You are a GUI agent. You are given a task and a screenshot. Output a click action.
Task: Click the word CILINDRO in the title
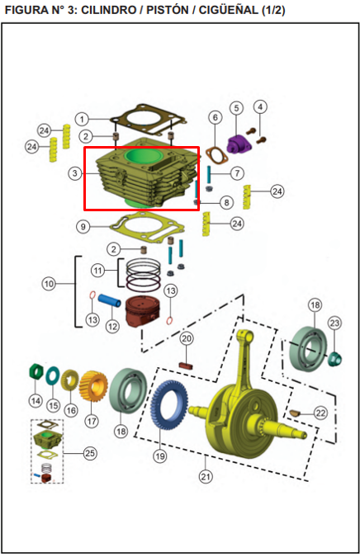[x=108, y=10]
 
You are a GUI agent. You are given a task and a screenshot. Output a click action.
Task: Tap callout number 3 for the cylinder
[x=75, y=173]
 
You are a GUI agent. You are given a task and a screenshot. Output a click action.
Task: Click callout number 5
[x=236, y=108]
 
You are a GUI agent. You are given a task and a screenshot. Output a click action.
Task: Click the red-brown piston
[x=142, y=311]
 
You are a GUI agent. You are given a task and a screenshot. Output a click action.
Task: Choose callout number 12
[x=112, y=326]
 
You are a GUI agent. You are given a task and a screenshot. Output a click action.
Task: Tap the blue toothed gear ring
[x=168, y=405]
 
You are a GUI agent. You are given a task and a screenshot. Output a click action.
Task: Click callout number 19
[x=160, y=456]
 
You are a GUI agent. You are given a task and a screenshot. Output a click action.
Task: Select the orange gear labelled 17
[x=93, y=386]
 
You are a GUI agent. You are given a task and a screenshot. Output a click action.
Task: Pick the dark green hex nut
[x=36, y=372]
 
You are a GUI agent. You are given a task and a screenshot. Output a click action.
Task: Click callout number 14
[x=36, y=401]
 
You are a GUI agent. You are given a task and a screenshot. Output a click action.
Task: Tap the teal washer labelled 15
[x=53, y=375]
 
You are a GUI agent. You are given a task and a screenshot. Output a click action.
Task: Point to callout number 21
[x=206, y=476]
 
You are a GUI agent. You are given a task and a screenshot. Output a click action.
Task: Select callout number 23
[x=335, y=323]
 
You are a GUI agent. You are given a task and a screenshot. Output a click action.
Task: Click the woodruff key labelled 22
[x=295, y=413]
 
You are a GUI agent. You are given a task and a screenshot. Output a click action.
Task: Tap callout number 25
[x=90, y=453]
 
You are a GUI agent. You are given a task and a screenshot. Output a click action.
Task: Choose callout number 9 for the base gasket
[x=83, y=227]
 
